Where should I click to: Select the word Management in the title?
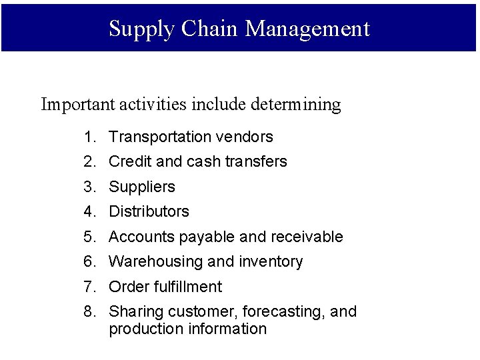tap(307, 29)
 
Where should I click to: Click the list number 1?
tap(89, 137)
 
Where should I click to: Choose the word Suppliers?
tap(141, 187)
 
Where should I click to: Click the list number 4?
tap(89, 212)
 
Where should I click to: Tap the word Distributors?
tap(149, 212)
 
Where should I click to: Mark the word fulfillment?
tap(189, 287)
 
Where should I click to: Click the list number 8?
tap(89, 312)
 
